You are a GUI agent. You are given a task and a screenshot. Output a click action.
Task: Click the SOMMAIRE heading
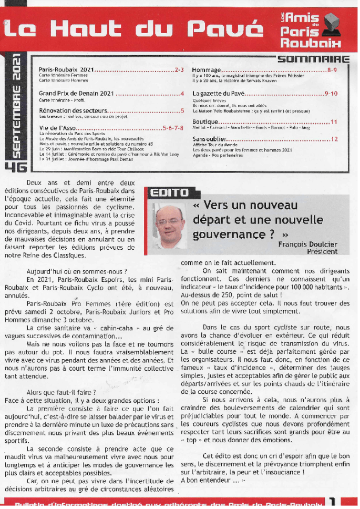[313, 59]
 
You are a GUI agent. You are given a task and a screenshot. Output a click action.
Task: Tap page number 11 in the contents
[334, 122]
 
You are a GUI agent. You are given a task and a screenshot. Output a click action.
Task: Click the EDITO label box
[169, 193]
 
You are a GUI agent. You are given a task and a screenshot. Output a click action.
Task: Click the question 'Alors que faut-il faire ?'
[61, 392]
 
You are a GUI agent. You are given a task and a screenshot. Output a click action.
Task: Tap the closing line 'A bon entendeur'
[209, 480]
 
